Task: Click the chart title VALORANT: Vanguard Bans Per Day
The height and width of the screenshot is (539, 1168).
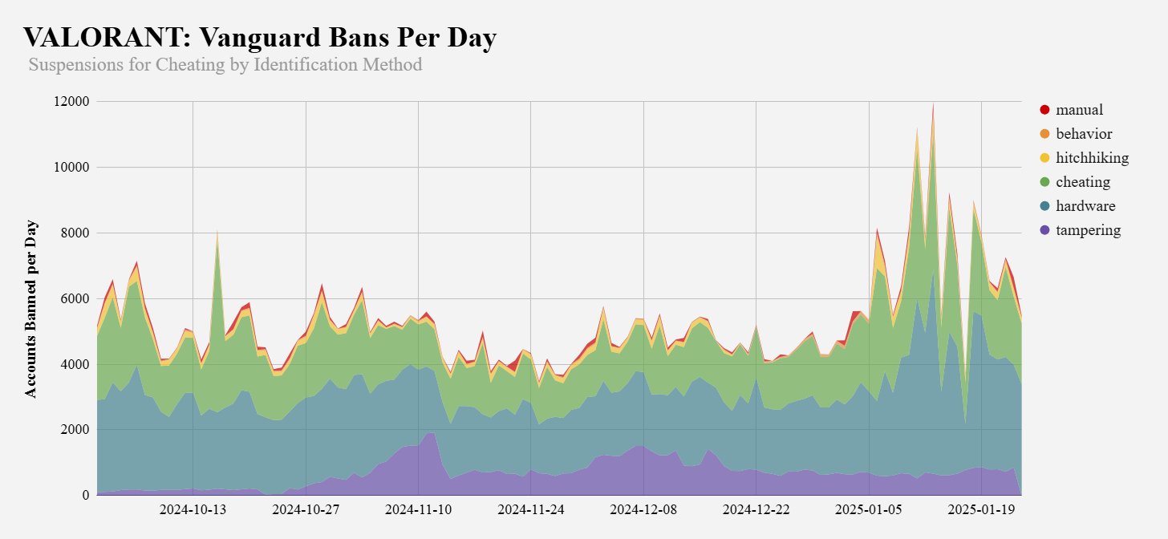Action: (260, 38)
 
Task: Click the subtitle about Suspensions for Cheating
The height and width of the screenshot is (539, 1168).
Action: (225, 65)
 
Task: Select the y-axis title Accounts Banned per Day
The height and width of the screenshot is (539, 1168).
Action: (31, 307)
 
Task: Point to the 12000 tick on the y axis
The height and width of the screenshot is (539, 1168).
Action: (70, 102)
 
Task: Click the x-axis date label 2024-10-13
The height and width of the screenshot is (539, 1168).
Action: (193, 511)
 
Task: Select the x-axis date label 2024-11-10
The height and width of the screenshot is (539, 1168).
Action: (418, 511)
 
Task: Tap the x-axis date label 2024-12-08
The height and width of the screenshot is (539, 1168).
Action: (643, 511)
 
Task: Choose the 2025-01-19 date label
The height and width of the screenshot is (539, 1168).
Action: (982, 511)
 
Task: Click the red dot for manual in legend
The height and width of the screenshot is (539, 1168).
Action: (1044, 110)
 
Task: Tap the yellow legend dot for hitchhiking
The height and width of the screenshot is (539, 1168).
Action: (1044, 158)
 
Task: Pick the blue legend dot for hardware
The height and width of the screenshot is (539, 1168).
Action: (1044, 206)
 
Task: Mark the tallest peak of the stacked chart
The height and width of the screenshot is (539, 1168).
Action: (933, 104)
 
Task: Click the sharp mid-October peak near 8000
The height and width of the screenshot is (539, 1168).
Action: (217, 233)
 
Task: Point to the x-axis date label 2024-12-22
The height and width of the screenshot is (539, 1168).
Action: (756, 511)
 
